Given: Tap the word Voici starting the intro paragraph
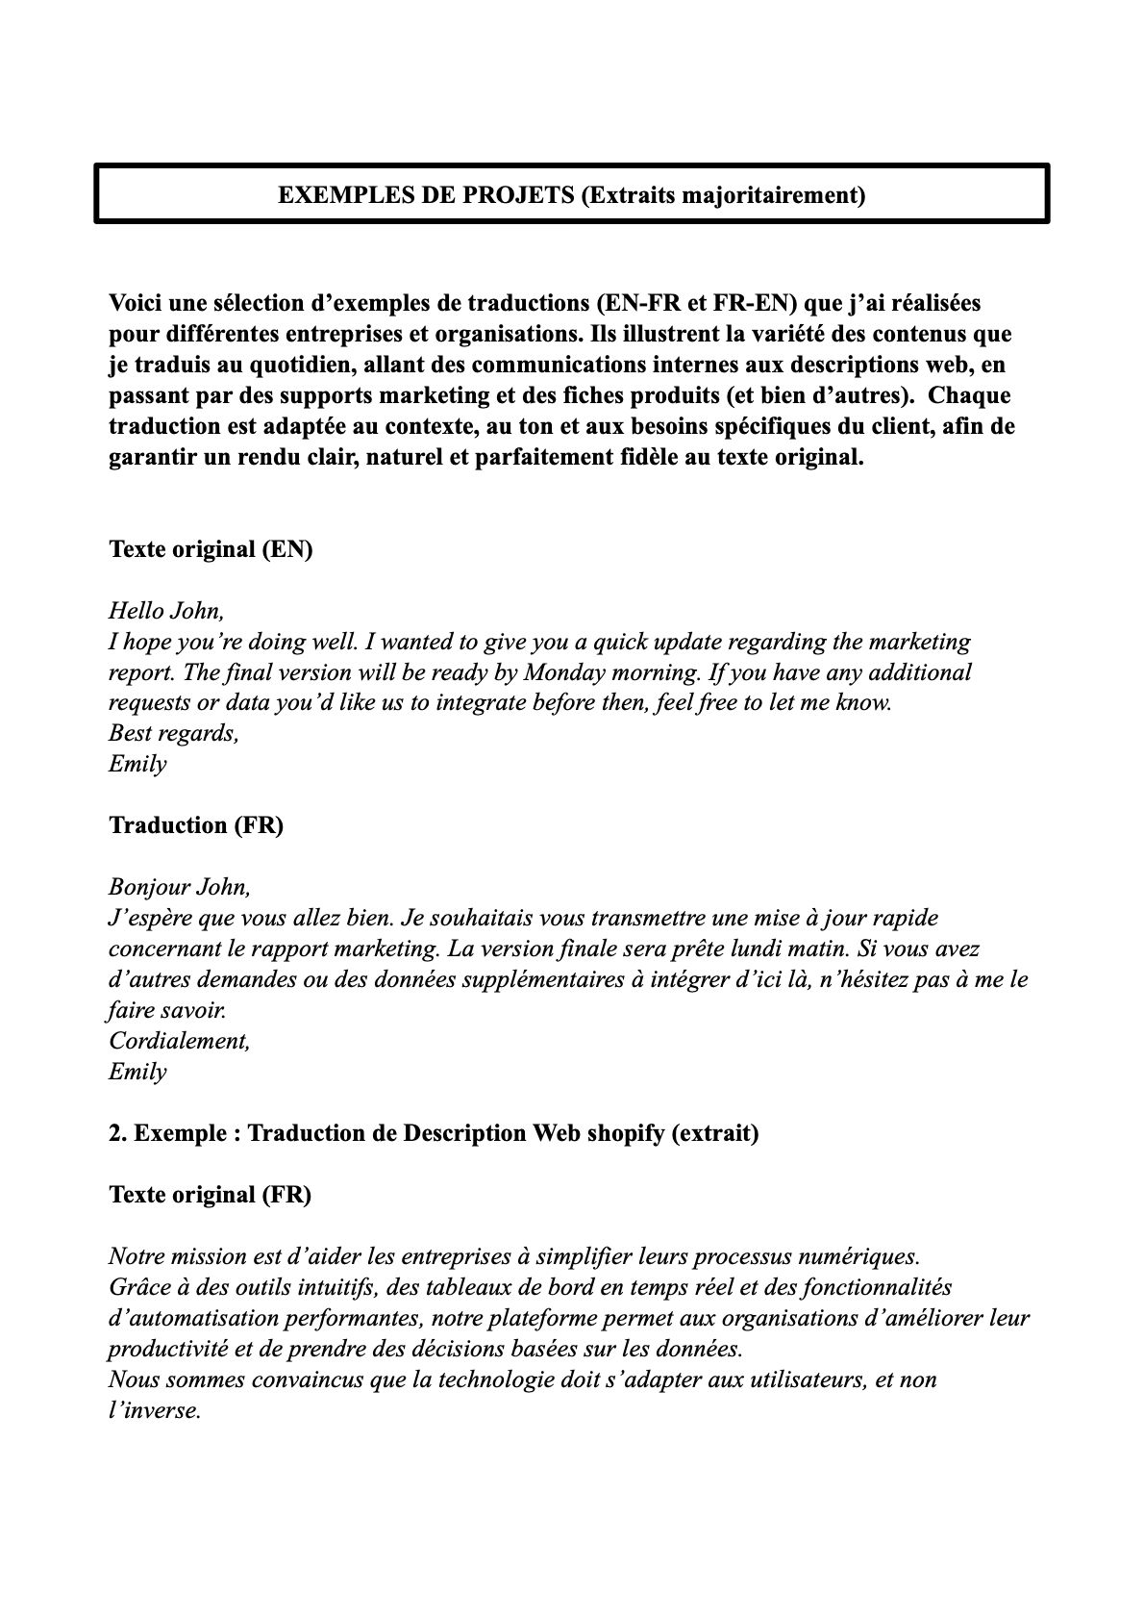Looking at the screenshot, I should (137, 303).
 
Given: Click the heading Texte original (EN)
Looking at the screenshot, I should (211, 549).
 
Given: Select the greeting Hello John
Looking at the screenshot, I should (166, 610).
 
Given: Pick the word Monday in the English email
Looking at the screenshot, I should (563, 671).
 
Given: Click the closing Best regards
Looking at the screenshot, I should (173, 733).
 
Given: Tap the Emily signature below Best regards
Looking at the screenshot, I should (137, 764).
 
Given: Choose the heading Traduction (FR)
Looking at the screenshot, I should (196, 825).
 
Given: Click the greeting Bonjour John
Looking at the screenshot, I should (180, 886).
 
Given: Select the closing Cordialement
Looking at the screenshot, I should (180, 1041).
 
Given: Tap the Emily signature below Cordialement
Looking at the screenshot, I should (137, 1072).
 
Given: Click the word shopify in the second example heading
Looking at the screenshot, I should (624, 1133).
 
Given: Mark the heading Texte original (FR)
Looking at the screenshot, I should (210, 1195).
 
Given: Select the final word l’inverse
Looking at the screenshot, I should (155, 1410).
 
